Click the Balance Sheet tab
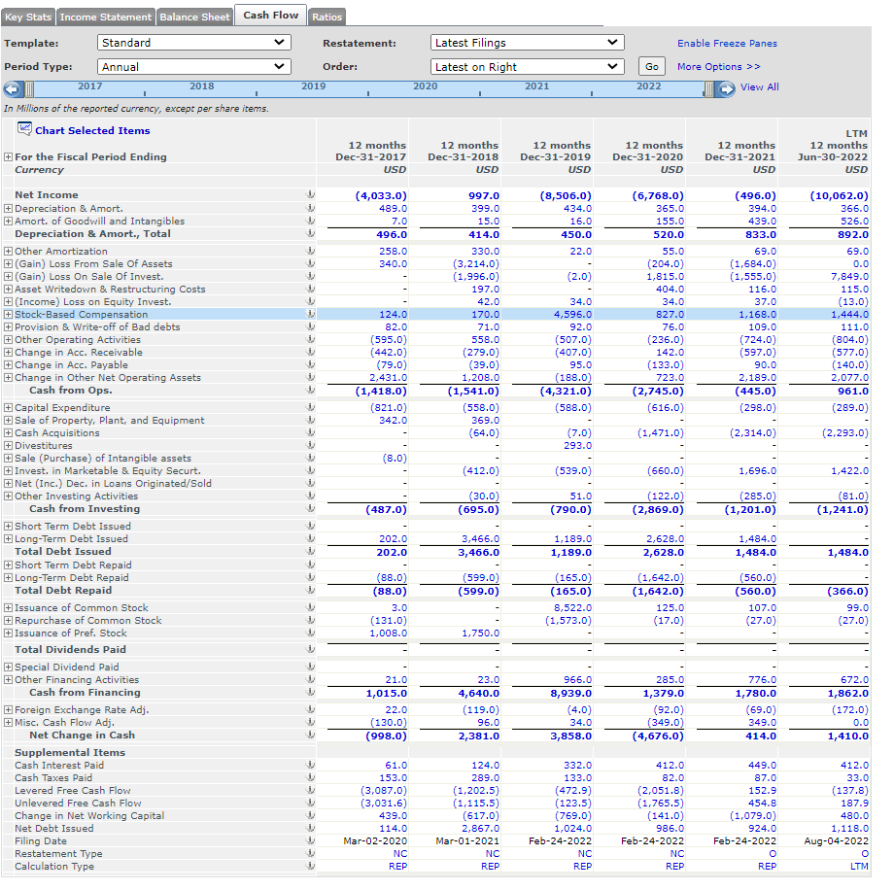click(x=194, y=17)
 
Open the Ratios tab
click(x=327, y=17)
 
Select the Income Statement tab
click(x=106, y=17)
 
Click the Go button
click(x=651, y=67)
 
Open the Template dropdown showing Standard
click(x=194, y=43)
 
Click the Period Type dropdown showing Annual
click(x=194, y=67)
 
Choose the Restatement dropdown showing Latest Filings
click(x=527, y=43)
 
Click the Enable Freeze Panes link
click(x=727, y=44)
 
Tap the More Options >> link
click(x=719, y=67)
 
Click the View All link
click(x=759, y=87)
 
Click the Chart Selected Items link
click(x=92, y=130)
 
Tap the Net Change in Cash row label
click(x=82, y=736)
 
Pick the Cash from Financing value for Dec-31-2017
click(x=386, y=694)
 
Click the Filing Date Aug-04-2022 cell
click(x=839, y=841)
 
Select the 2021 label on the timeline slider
click(x=536, y=86)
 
